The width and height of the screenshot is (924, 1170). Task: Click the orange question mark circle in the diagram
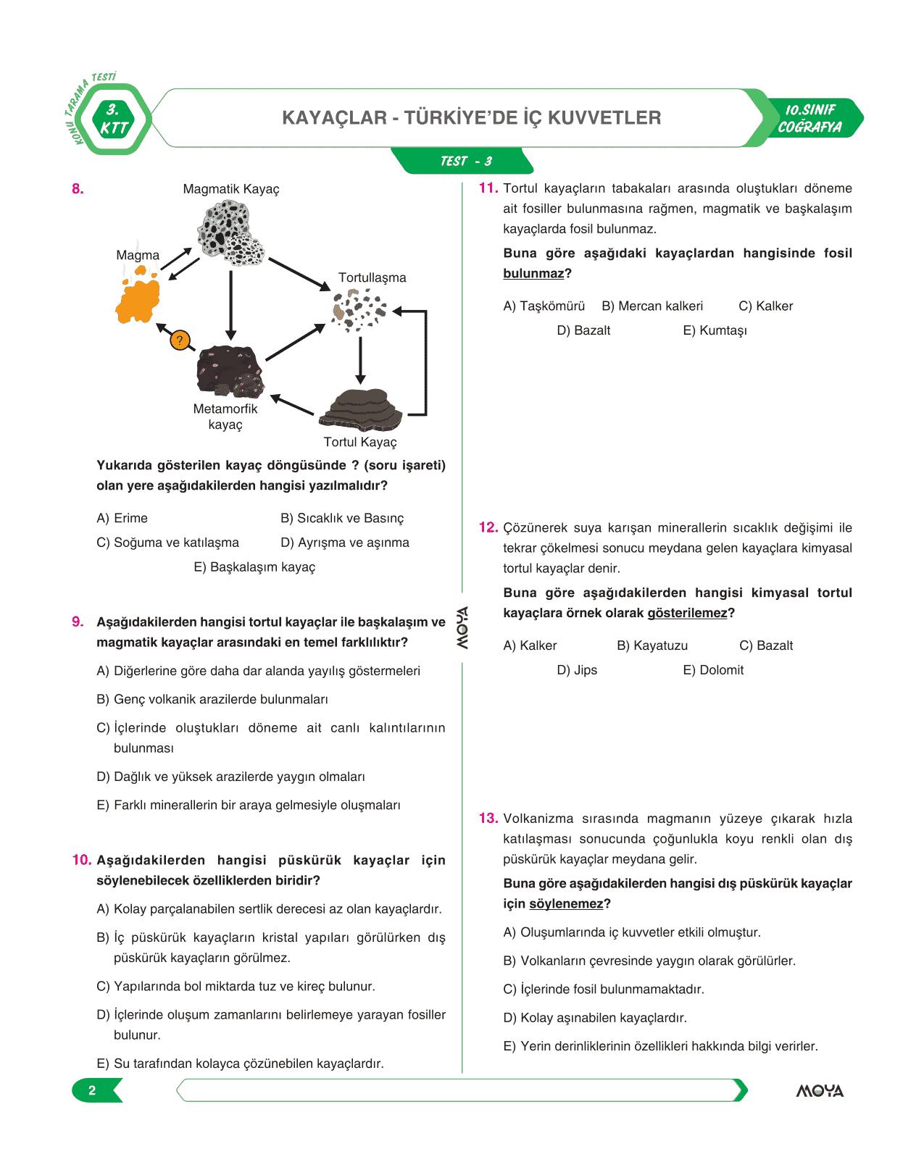(180, 340)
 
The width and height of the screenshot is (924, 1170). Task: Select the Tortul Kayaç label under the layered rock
(360, 442)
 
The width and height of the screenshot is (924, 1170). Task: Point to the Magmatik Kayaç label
(231, 189)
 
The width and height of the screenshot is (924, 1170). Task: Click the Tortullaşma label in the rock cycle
(372, 277)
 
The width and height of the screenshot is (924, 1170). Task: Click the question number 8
(78, 189)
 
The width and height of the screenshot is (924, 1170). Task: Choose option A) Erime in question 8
(122, 518)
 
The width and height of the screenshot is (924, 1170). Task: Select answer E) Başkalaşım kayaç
(254, 567)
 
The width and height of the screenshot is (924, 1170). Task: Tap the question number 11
(488, 188)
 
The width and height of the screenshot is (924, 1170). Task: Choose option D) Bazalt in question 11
(583, 330)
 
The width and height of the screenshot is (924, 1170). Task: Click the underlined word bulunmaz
(533, 273)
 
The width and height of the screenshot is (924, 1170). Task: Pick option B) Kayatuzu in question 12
(652, 645)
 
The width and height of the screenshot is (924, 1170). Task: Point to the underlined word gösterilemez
(687, 613)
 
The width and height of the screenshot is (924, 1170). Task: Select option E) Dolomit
(713, 670)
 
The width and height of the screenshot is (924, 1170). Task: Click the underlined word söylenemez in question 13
(566, 903)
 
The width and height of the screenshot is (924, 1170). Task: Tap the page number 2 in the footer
(92, 1090)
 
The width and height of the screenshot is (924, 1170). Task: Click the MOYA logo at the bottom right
(820, 1090)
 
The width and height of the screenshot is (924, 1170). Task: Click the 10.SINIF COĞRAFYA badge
(811, 118)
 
